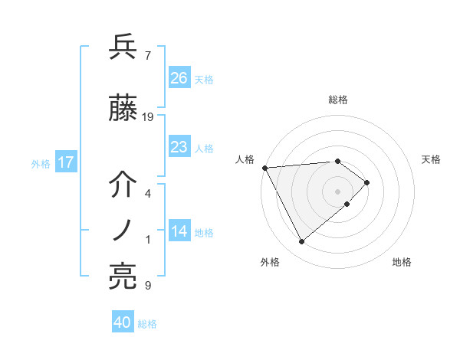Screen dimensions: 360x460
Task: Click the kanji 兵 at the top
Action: pyautogui.click(x=123, y=47)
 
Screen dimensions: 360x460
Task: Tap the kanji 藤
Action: pyautogui.click(x=123, y=110)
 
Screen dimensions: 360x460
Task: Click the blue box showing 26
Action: pyautogui.click(x=179, y=78)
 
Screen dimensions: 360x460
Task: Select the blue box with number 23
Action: pyautogui.click(x=179, y=147)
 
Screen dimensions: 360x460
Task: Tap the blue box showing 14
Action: pyautogui.click(x=179, y=232)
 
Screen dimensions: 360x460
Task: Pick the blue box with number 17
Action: pyautogui.click(x=65, y=162)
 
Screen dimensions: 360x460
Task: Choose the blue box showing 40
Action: pyautogui.click(x=123, y=322)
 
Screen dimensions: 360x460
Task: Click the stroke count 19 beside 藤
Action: pyautogui.click(x=148, y=117)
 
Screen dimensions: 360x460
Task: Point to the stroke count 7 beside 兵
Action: pyautogui.click(x=148, y=55)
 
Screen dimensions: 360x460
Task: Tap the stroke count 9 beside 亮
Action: pyautogui.click(x=148, y=286)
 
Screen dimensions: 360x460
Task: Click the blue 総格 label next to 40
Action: pyautogui.click(x=147, y=324)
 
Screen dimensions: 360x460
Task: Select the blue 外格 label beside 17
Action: pyautogui.click(x=41, y=163)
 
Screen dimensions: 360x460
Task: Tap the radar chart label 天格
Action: pyautogui.click(x=432, y=159)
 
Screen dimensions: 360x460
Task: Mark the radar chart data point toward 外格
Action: pyautogui.click(x=301, y=242)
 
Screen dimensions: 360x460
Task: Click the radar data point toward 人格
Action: pyautogui.click(x=264, y=168)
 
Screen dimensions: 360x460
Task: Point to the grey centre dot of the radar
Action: pyautogui.click(x=337, y=191)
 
